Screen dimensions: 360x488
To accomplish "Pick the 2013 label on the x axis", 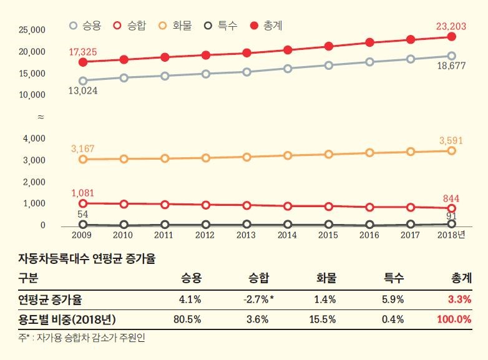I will point(246,235).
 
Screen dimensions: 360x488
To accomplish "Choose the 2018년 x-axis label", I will point(452,235).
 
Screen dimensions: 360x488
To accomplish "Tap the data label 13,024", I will point(82,91).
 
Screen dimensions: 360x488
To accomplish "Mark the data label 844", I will point(451,198).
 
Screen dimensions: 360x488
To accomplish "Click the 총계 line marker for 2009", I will point(82,62).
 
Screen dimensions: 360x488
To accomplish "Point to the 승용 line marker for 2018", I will point(451,56).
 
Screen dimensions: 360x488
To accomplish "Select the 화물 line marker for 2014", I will point(287,155).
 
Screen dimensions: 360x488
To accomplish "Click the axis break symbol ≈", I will point(41,117).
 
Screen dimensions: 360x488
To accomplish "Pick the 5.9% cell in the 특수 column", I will point(393,299).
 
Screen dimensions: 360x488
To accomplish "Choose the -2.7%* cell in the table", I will point(258,299).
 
